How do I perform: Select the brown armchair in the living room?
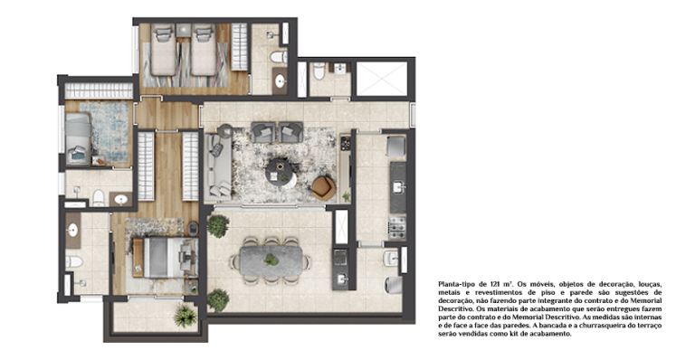point(322,186)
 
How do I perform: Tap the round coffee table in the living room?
point(281,169)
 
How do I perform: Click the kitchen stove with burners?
point(396,226)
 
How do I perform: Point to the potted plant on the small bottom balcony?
point(186,316)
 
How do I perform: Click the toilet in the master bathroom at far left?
point(74,263)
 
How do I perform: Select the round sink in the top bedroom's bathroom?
point(279,81)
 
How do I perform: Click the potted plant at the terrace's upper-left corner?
point(217,225)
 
